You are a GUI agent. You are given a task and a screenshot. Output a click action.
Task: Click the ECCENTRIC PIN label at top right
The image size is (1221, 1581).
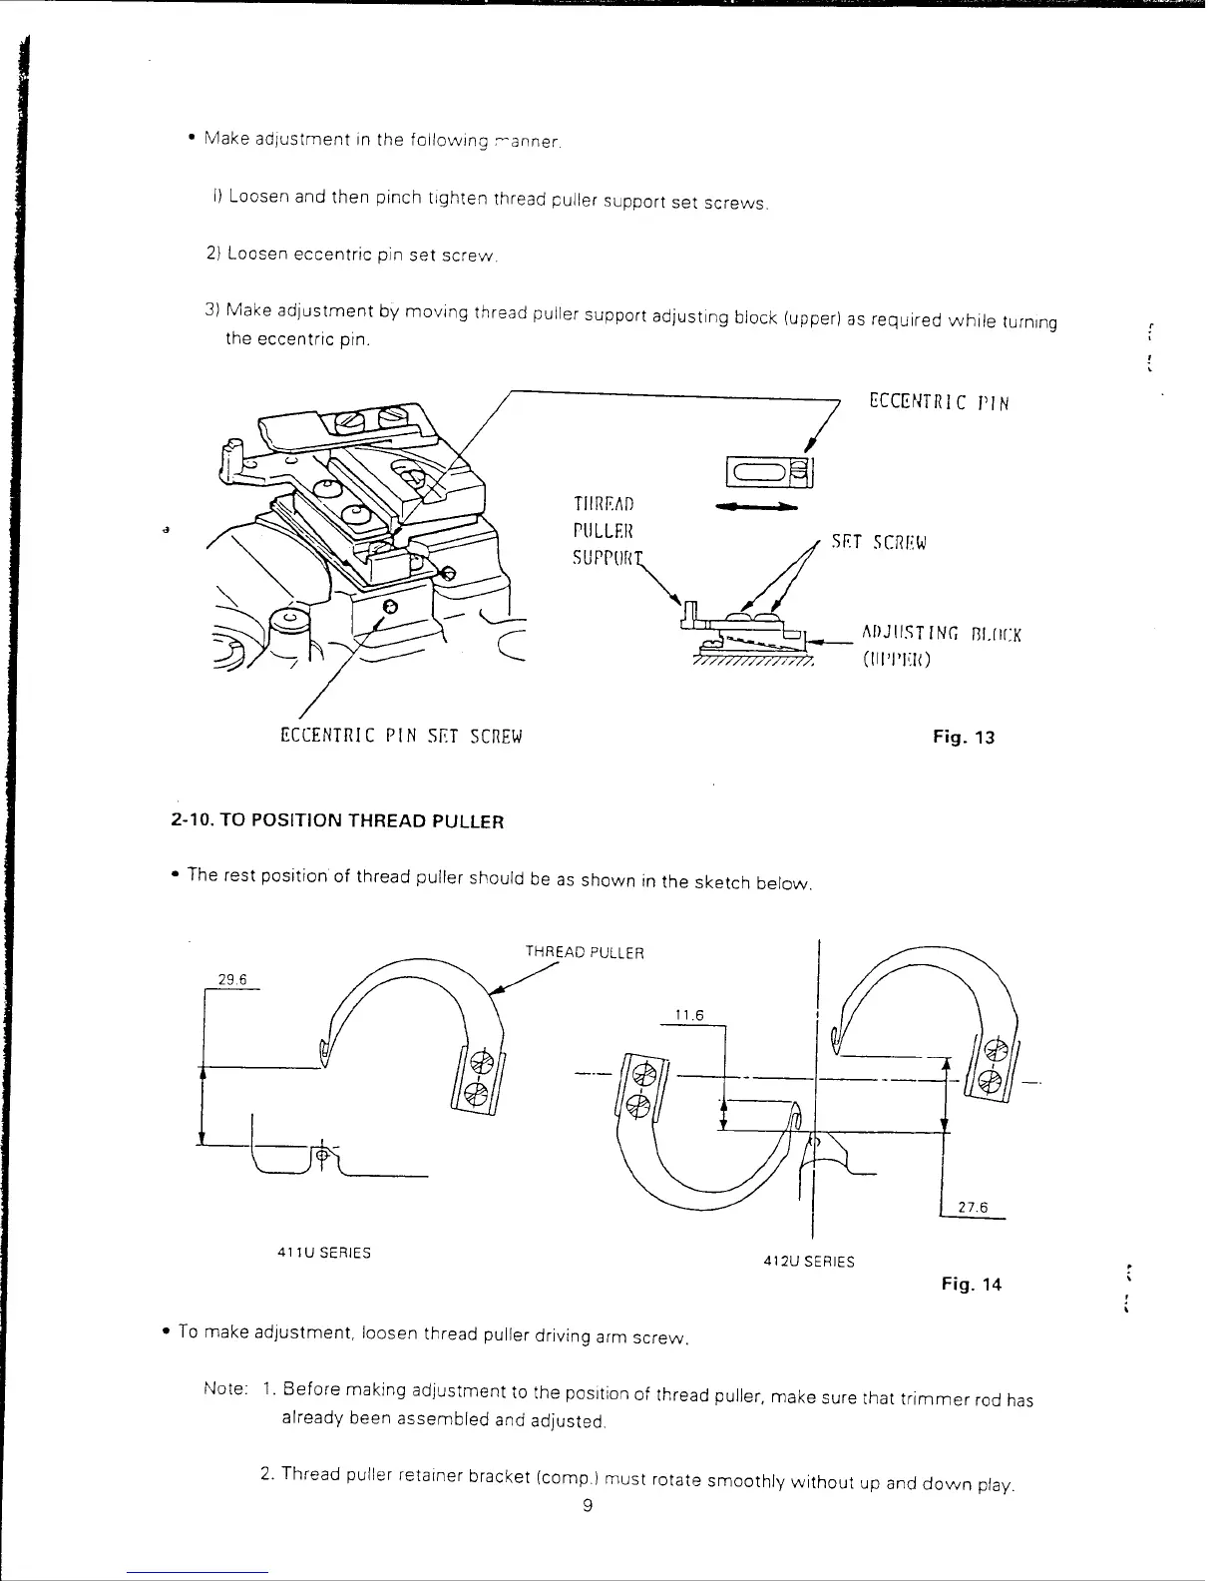tap(939, 402)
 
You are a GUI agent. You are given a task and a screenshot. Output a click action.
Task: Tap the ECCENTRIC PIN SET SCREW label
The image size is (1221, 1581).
tap(401, 737)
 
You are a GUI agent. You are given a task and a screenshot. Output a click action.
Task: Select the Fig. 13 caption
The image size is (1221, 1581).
tap(964, 738)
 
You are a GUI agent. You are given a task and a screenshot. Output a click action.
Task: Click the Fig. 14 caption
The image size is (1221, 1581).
tap(971, 1284)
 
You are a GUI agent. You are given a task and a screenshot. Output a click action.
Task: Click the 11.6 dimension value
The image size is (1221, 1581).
tap(689, 1015)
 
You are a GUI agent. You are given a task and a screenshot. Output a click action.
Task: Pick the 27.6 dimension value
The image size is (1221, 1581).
tap(972, 1207)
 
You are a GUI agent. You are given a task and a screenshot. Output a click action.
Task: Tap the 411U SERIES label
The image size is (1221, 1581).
tap(323, 1253)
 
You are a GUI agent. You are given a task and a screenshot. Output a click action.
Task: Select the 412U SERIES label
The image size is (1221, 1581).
tap(808, 1261)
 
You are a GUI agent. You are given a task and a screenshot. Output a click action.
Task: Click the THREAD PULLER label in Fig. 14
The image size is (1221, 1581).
tap(585, 952)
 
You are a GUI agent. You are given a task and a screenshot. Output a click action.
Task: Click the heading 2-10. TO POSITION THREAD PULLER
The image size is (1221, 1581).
tap(337, 821)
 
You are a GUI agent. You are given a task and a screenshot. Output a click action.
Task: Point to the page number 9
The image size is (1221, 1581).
tap(588, 1506)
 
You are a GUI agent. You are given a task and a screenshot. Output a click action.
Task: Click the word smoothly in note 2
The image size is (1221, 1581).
tap(746, 1482)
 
